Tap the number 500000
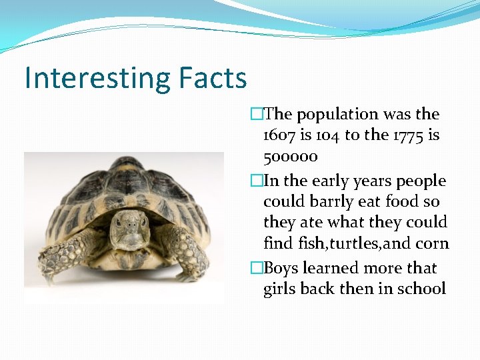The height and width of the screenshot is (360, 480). (x=291, y=157)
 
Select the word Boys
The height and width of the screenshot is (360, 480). (x=281, y=268)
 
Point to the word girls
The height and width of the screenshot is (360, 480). (x=279, y=289)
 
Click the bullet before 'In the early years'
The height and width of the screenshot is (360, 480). (x=257, y=181)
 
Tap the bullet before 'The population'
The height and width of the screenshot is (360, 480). (x=257, y=115)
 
